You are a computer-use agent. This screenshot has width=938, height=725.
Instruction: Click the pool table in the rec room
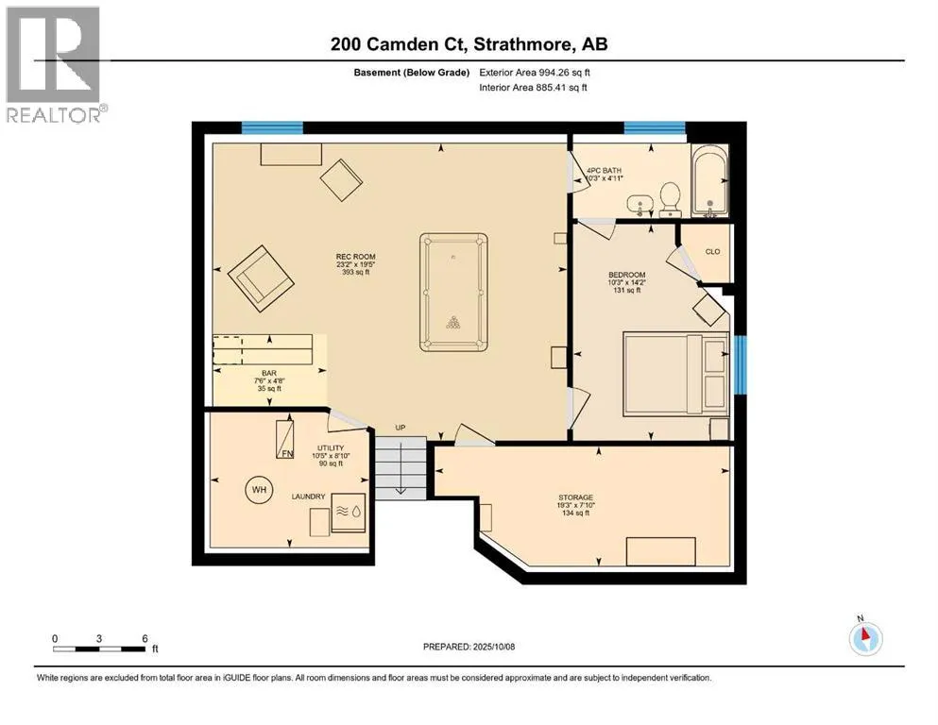pos(453,293)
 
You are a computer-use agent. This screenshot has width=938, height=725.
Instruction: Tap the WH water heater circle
pos(259,490)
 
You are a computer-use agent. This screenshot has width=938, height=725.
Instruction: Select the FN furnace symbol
pos(284,440)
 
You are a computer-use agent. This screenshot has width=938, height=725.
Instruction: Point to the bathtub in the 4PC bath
pos(710,180)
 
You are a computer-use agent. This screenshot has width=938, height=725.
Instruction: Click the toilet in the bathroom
pos(670,199)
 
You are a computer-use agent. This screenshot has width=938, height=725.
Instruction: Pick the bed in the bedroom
pos(675,374)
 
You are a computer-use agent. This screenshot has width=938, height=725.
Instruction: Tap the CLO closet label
pos(712,252)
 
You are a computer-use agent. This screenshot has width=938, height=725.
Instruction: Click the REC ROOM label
pos(355,257)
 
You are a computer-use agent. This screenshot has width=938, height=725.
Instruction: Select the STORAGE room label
pos(575,497)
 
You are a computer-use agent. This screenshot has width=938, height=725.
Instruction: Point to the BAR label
pos(269,373)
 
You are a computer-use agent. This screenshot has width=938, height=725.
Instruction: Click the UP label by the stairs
pos(401,428)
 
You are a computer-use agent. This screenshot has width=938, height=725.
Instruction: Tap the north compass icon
pos(865,637)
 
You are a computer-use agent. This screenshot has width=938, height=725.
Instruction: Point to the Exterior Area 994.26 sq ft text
pos(535,73)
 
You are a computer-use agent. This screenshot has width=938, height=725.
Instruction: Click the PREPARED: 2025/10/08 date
pos(469,647)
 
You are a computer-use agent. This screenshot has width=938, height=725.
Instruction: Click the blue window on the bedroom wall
pos(741,364)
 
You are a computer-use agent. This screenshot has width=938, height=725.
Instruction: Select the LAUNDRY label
pos(308,497)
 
